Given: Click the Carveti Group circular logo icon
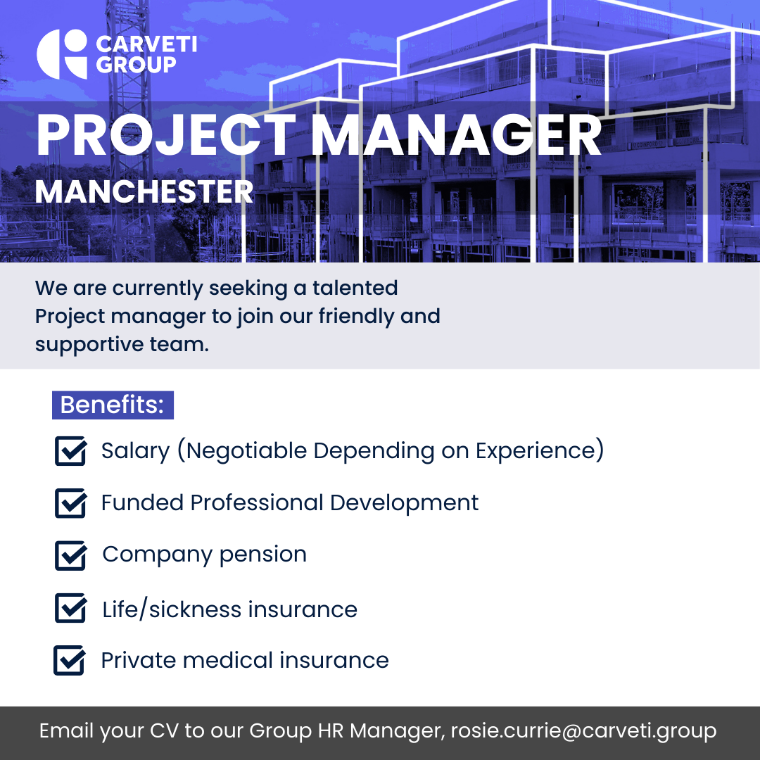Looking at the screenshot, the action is click(x=61, y=54).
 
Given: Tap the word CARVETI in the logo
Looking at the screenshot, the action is click(x=146, y=44).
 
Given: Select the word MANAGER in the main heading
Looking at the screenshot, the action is click(x=456, y=135).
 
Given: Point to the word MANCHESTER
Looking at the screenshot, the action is click(x=144, y=192).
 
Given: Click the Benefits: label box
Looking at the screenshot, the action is click(x=113, y=405).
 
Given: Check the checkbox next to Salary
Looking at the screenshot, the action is click(x=71, y=451).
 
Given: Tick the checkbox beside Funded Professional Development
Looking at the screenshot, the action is click(x=71, y=503).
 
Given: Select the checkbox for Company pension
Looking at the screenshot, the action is click(x=71, y=555).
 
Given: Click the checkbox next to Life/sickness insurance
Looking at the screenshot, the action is click(x=71, y=608).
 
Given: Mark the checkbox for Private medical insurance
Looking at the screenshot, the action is click(x=69, y=660).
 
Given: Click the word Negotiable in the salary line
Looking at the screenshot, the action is click(x=246, y=451).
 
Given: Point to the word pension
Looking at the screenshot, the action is click(x=263, y=555).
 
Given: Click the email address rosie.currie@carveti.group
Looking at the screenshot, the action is click(x=583, y=731).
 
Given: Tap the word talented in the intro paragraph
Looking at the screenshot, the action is click(x=355, y=288).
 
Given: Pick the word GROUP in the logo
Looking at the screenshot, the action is click(x=137, y=65).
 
